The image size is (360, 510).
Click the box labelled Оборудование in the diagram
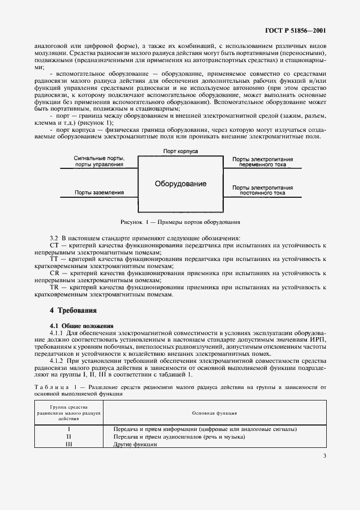pyautogui.click(x=180, y=184)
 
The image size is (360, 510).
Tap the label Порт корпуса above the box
pyautogui.click(x=180, y=150)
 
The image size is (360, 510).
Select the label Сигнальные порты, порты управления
pyautogui.click(x=99, y=161)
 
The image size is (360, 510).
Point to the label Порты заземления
pyautogui.click(x=99, y=192)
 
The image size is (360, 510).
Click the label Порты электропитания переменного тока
pyautogui.click(x=263, y=162)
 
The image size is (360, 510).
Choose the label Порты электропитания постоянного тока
pyautogui.click(x=263, y=190)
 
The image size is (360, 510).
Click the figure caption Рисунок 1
pyautogui.click(x=180, y=222)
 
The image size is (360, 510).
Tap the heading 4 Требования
pyautogui.click(x=73, y=311)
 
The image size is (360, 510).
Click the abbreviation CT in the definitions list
pyautogui.click(x=54, y=246)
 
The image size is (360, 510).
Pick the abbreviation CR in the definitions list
pyautogui.click(x=54, y=273)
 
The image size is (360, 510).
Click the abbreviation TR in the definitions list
pyautogui.click(x=54, y=287)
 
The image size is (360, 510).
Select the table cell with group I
pyautogui.click(x=68, y=429)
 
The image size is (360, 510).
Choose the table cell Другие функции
pyautogui.click(x=135, y=444)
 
